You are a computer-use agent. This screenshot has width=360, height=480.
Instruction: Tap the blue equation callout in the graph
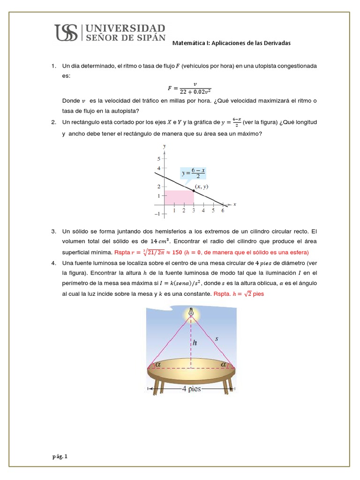tap(193, 173)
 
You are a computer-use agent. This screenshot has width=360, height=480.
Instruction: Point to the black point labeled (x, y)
tap(194, 190)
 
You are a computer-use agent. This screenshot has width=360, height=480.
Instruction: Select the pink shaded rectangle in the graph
tap(179, 197)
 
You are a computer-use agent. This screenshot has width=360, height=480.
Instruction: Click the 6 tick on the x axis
tap(223, 210)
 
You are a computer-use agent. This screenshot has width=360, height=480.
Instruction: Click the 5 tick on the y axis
tap(158, 158)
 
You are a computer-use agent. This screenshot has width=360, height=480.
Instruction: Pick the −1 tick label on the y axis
tap(157, 214)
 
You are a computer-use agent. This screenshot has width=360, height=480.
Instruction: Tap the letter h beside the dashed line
tap(195, 343)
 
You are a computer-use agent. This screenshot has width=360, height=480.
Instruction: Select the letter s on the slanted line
tap(217, 338)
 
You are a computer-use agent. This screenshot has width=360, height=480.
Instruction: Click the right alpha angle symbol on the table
tap(223, 364)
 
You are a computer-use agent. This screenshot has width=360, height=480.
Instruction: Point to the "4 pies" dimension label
tap(191, 389)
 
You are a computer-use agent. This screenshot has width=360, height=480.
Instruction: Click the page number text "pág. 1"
tap(60, 456)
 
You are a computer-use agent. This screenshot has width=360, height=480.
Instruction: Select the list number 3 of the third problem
tap(54, 232)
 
